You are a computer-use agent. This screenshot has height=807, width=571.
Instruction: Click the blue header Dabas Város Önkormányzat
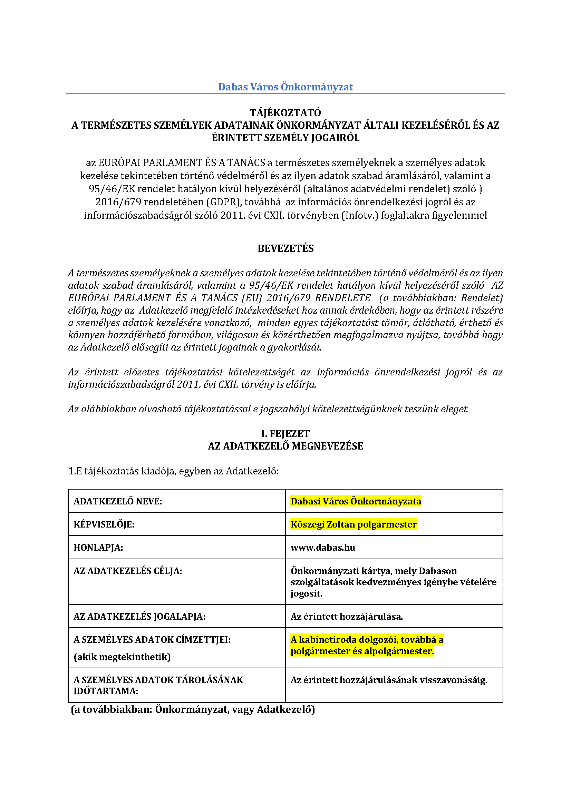(285, 87)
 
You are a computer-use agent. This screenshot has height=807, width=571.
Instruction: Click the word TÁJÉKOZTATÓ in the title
(285, 113)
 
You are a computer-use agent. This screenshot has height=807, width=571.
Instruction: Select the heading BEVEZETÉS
(285, 248)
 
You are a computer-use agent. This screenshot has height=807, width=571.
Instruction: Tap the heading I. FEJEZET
(285, 434)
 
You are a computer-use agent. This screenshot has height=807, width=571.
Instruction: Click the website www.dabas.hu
(323, 548)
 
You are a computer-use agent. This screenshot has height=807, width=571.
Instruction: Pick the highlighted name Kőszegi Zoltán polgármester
(354, 524)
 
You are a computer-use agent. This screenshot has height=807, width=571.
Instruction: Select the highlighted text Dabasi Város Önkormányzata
(356, 501)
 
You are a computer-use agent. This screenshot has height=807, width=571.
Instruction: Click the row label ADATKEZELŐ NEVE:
(118, 502)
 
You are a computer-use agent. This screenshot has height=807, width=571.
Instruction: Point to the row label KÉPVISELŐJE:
(104, 525)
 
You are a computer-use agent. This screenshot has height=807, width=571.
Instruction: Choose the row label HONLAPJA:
(98, 548)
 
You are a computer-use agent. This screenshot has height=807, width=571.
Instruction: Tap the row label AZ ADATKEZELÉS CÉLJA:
(128, 571)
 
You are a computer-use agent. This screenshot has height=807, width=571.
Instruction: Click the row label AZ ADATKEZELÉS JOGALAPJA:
(139, 617)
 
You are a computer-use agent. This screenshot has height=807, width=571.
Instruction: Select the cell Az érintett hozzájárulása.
(347, 617)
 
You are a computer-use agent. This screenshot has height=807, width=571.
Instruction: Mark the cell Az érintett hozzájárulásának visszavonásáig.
(389, 680)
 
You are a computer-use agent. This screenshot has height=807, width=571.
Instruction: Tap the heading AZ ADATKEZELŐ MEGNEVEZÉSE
(285, 446)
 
